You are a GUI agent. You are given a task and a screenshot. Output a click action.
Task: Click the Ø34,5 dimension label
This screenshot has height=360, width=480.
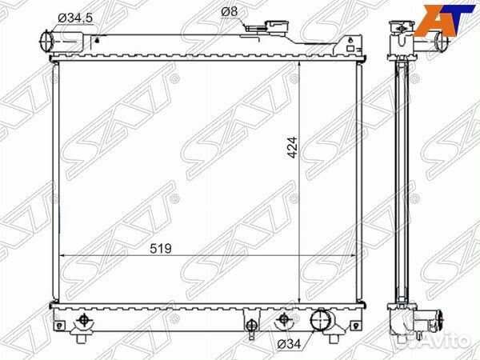75,18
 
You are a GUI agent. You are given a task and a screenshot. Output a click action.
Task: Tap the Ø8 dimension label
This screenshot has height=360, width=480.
230,12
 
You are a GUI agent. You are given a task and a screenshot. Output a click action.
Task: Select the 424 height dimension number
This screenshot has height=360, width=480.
293,147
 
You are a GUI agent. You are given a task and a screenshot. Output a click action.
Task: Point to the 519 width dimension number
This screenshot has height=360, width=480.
161,249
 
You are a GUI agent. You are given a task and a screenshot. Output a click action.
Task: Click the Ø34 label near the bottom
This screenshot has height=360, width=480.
289,344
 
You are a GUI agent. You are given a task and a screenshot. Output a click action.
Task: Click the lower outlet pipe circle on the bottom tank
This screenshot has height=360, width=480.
321,319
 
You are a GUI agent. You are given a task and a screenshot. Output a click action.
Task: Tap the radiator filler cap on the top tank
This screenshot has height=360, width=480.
277,26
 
